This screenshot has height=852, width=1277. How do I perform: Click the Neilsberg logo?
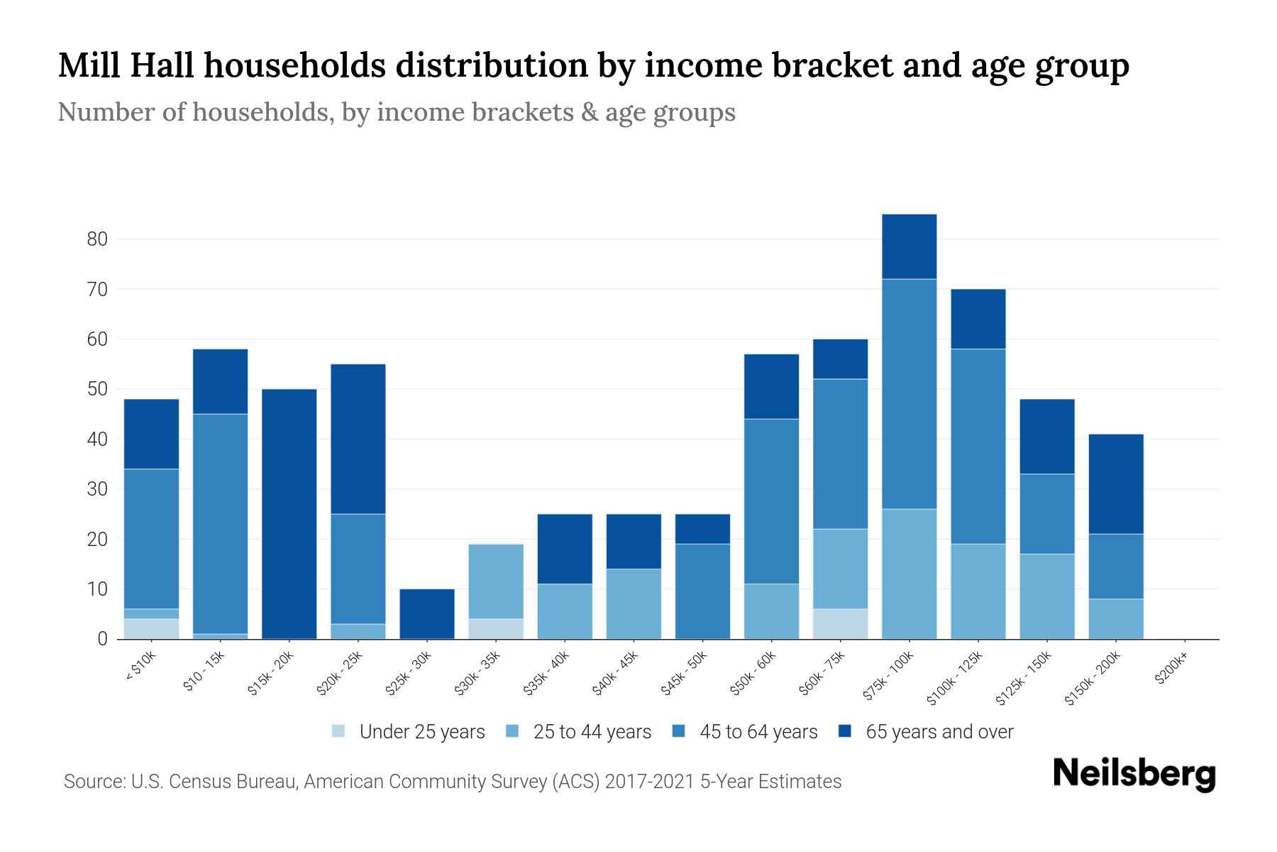click(x=1134, y=774)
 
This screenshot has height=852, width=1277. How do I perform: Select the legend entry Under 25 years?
click(x=421, y=732)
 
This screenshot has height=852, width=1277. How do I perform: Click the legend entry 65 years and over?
click(x=939, y=732)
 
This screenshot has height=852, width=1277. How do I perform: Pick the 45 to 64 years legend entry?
click(x=758, y=732)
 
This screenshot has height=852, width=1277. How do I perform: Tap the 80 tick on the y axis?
click(x=97, y=239)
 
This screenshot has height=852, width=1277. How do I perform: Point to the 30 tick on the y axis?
click(x=97, y=489)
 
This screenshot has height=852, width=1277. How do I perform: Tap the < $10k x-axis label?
click(x=140, y=667)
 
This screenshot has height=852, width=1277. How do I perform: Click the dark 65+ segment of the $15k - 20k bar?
click(x=289, y=514)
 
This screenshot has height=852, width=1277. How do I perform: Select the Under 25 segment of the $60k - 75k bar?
click(x=841, y=623)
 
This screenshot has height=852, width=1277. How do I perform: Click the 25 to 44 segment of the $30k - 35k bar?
click(x=496, y=581)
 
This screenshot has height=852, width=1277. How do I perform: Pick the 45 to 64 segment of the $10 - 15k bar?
click(x=220, y=523)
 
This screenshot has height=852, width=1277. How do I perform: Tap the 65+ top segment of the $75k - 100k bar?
click(x=909, y=246)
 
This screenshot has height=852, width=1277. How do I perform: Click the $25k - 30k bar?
click(x=427, y=614)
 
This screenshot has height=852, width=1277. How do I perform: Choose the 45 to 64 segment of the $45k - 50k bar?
click(x=702, y=591)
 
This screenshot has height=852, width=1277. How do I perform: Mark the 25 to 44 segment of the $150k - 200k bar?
click(x=1116, y=619)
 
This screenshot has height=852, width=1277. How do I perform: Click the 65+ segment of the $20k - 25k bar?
click(x=358, y=439)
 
